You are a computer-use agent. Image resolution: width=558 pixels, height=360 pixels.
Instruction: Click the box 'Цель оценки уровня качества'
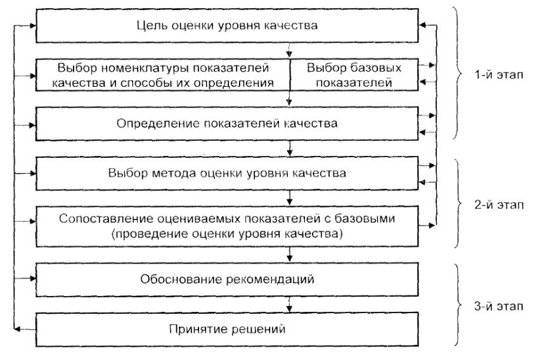point(226,27)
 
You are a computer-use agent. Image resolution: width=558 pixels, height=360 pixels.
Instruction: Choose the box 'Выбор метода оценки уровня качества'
point(226,172)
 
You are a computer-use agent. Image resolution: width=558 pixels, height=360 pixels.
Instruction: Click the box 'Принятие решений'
point(226,330)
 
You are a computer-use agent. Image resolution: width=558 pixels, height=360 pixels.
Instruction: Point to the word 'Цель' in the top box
point(149,27)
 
